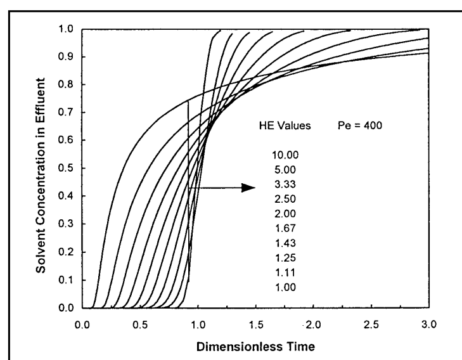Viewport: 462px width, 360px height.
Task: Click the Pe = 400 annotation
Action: point(362,126)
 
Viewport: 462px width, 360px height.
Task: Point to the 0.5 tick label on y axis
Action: point(65,169)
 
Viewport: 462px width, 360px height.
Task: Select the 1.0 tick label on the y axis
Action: point(65,29)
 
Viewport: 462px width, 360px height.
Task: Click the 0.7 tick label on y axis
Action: point(65,113)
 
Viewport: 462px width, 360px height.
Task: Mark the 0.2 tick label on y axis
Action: point(65,252)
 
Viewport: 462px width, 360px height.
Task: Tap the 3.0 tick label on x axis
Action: point(429,323)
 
